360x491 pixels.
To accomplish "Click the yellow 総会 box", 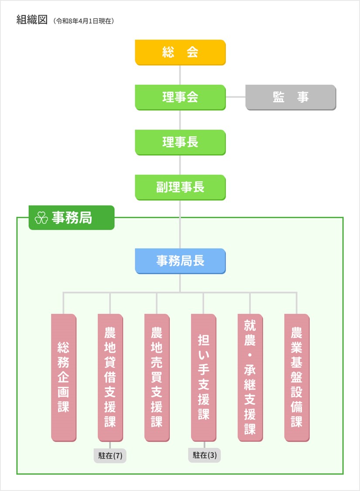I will click(x=180, y=52).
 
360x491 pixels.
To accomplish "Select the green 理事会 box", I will click(x=180, y=97).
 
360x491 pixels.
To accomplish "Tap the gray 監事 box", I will click(x=291, y=97).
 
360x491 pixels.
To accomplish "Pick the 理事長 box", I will click(x=180, y=142).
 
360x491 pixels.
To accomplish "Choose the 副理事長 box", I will click(x=180, y=187).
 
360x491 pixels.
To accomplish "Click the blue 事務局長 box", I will click(x=180, y=261).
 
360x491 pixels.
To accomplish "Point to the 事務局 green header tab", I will click(x=72, y=218).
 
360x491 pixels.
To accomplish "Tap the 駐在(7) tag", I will click(x=110, y=456).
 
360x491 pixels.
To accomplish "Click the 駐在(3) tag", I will click(x=205, y=456).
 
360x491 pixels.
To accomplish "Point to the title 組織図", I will click(x=31, y=20).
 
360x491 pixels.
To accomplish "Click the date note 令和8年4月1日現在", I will click(x=83, y=21).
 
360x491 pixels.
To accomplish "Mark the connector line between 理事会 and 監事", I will click(x=236, y=97).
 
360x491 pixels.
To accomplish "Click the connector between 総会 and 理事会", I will click(x=180, y=75).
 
